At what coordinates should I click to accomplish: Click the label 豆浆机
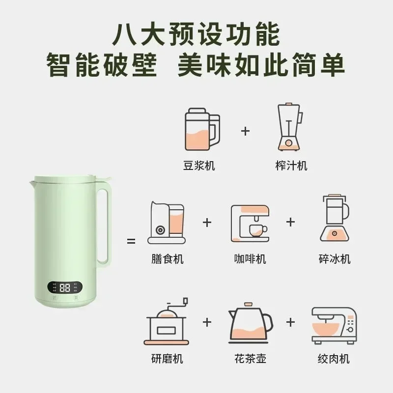tap(198, 165)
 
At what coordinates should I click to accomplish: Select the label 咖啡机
tap(250, 258)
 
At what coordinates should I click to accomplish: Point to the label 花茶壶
tap(250, 359)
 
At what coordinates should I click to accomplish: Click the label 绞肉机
tap(334, 359)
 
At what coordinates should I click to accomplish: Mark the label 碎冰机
tap(335, 258)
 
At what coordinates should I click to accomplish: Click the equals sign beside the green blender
tap(131, 241)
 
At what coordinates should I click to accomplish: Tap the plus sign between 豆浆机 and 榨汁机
tap(246, 131)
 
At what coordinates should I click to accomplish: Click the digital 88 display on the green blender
tap(64, 288)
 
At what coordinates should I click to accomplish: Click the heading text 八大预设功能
tap(196, 34)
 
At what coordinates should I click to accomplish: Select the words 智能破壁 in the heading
tap(102, 65)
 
